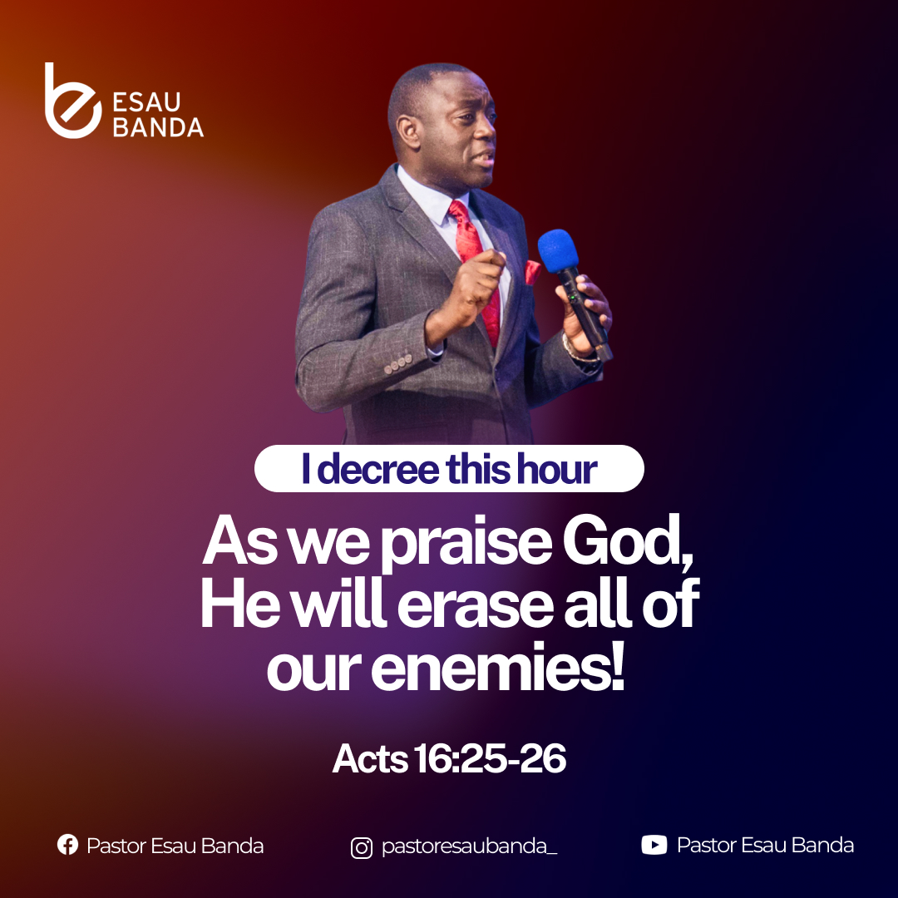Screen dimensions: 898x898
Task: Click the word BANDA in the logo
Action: point(158,127)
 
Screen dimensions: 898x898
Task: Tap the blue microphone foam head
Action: point(558,251)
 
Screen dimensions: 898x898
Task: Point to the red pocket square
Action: point(532,272)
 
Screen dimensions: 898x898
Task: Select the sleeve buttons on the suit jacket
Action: point(398,363)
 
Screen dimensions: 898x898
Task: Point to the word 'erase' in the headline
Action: point(475,606)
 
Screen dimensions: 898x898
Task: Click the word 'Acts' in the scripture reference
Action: point(370,759)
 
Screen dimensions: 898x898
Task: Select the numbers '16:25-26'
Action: point(490,759)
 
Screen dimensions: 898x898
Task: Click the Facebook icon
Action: point(67,845)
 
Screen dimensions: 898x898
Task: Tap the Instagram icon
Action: point(362,847)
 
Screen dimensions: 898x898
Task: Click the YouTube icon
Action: point(654,845)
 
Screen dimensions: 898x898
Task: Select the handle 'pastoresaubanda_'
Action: point(469,846)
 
